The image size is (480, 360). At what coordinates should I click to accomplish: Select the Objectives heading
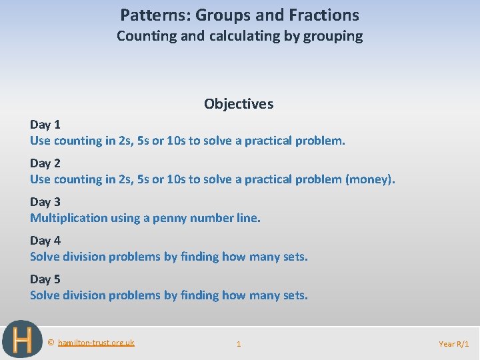(x=239, y=103)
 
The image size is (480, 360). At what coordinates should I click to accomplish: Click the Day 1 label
(x=45, y=124)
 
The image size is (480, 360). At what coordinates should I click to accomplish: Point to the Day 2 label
(x=45, y=163)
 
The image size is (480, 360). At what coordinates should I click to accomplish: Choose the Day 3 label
(x=45, y=201)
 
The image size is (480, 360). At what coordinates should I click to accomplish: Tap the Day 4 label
(x=45, y=240)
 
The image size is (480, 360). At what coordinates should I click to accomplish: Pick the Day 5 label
(x=45, y=279)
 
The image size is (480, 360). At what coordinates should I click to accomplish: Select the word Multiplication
(x=69, y=217)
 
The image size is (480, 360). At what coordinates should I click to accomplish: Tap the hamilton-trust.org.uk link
(x=96, y=343)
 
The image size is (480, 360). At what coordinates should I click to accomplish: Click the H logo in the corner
(x=22, y=340)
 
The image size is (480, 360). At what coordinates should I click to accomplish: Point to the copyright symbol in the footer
(x=51, y=343)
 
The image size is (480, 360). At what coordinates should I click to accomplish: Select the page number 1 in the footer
(x=239, y=344)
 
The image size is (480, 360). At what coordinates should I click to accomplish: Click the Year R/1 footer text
(x=454, y=344)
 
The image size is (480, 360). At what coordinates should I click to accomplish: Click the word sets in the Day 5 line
(x=294, y=295)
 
